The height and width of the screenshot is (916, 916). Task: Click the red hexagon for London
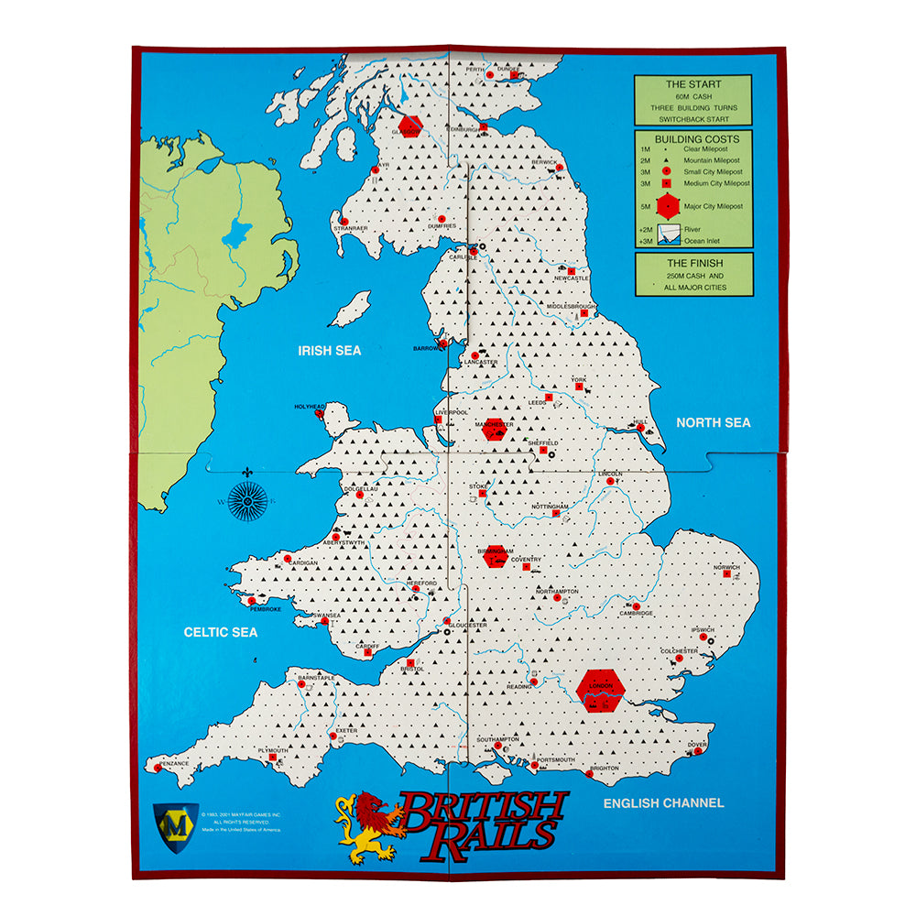click(602, 690)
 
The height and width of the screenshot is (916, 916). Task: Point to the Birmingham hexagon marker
click(496, 556)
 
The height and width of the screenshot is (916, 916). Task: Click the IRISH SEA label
click(330, 350)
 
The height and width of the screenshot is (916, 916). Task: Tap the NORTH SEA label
click(713, 422)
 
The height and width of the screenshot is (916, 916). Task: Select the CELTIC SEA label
click(221, 632)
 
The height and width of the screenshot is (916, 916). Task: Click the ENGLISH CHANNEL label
click(663, 802)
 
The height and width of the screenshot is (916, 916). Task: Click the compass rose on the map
click(247, 501)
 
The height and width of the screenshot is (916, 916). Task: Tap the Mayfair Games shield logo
click(176, 821)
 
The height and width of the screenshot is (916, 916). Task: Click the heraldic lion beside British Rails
click(367, 827)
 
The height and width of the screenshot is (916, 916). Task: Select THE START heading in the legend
click(692, 84)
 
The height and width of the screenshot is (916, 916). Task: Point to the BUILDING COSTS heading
click(693, 138)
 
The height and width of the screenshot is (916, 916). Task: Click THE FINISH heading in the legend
click(693, 263)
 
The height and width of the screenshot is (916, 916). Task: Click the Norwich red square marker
click(729, 575)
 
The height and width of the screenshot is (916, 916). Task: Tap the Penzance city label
click(175, 762)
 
